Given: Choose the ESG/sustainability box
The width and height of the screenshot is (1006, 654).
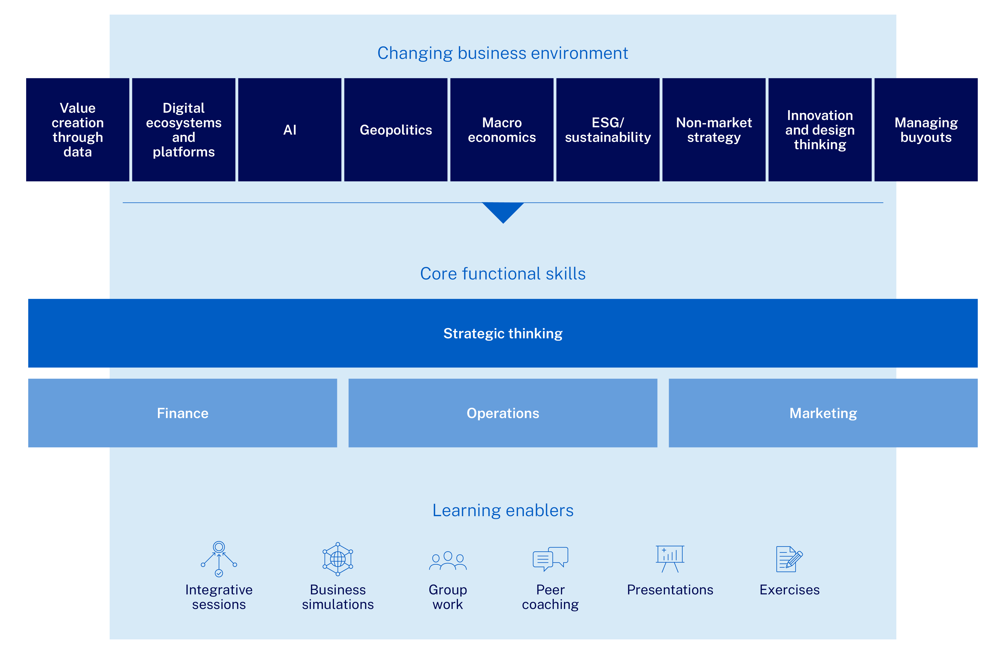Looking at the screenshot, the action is tap(608, 130).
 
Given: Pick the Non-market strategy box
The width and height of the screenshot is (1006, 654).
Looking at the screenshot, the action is tap(714, 130).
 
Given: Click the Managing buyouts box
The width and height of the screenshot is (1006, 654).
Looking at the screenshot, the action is tap(926, 130).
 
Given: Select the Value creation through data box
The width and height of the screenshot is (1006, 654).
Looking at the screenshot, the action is tap(78, 130).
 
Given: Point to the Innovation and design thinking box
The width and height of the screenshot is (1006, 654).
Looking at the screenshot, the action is tap(820, 130).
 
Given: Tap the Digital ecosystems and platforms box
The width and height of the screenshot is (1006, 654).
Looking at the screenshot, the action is tap(184, 130).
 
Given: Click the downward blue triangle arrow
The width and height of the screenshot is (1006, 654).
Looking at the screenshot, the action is tap(503, 211).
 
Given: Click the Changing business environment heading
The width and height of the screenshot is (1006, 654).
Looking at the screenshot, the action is tap(502, 54).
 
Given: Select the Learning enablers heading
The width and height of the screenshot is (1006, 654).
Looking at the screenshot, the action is tap(503, 511).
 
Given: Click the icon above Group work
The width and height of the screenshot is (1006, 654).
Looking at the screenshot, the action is tap(448, 561).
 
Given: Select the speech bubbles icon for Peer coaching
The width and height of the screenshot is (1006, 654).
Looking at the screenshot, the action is tap(550, 559).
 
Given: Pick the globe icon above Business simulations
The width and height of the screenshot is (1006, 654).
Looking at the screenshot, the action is tap(338, 559).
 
